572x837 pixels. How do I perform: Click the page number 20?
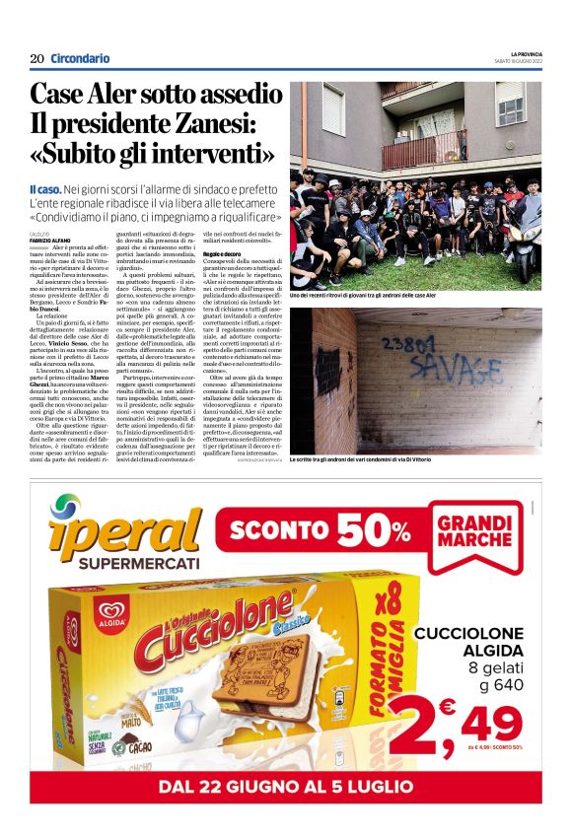[36, 58]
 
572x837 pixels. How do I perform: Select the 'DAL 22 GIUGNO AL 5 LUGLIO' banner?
[286, 787]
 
